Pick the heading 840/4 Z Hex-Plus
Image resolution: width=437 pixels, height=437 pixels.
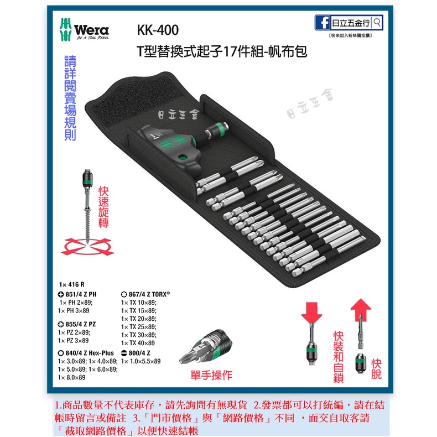pyautogui.click(x=86, y=352)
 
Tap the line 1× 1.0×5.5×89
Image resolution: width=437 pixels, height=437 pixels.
pyautogui.click(x=141, y=361)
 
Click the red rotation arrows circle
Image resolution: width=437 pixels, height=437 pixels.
pyautogui.click(x=89, y=244)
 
